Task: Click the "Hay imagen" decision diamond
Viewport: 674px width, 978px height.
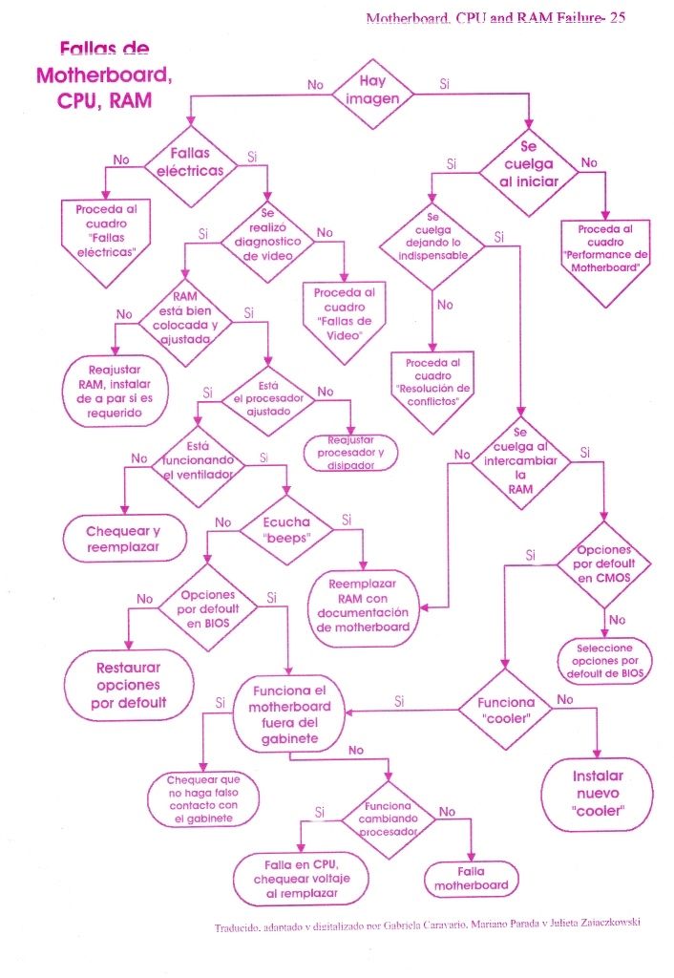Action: (372, 94)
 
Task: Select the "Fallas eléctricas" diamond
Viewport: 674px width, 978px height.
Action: (190, 166)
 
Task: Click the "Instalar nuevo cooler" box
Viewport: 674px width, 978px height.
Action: (598, 794)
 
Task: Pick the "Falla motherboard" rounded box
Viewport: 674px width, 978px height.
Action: (471, 879)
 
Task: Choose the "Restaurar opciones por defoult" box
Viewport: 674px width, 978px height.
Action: (129, 685)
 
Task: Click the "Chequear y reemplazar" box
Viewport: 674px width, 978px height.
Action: (123, 539)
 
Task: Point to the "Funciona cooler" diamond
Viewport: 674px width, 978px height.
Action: (506, 710)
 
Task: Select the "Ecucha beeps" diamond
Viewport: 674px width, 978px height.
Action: (286, 530)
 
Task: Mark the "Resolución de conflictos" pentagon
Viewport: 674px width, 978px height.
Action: (432, 390)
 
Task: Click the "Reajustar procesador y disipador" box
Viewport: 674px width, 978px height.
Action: (350, 453)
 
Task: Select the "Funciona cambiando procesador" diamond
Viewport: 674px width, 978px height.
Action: (388, 819)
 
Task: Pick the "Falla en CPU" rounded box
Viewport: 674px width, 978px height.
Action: (301, 879)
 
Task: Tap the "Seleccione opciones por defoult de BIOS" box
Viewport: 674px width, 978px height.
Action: (604, 661)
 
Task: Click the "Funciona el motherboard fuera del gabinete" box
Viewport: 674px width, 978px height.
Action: (289, 714)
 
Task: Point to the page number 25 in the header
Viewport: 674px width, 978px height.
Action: (618, 17)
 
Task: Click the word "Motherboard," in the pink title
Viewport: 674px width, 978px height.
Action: (104, 74)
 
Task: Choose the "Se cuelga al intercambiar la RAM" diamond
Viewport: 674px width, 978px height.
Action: (520, 461)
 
